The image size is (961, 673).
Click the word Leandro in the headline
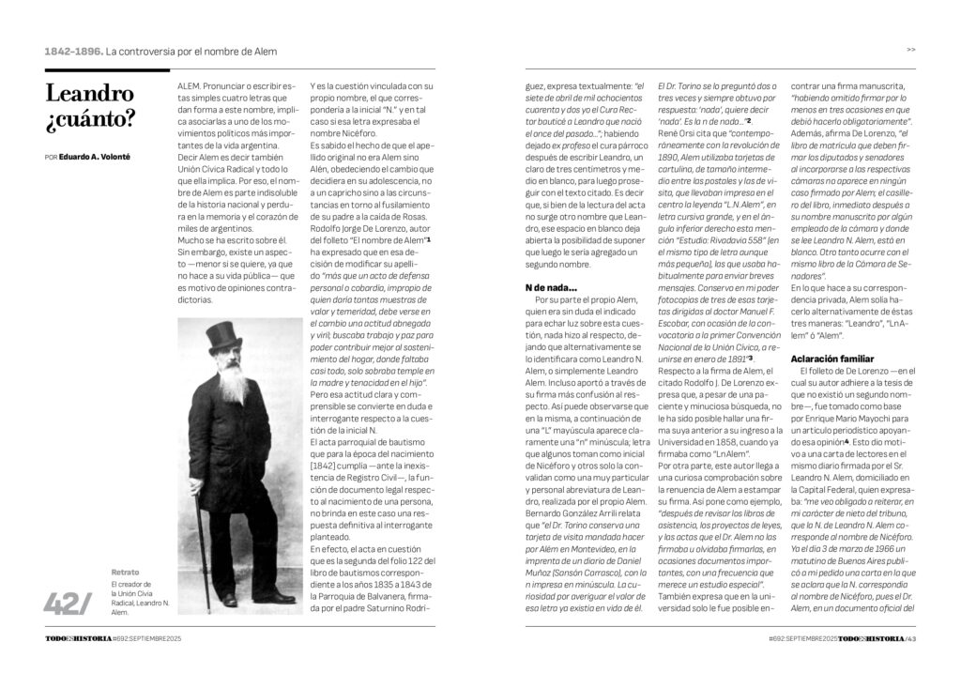click(x=90, y=94)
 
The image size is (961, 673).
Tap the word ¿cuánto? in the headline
click(x=89, y=119)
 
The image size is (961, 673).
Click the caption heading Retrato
click(x=125, y=571)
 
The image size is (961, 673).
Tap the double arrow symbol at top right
click(x=911, y=50)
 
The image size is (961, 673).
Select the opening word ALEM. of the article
click(x=191, y=84)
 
